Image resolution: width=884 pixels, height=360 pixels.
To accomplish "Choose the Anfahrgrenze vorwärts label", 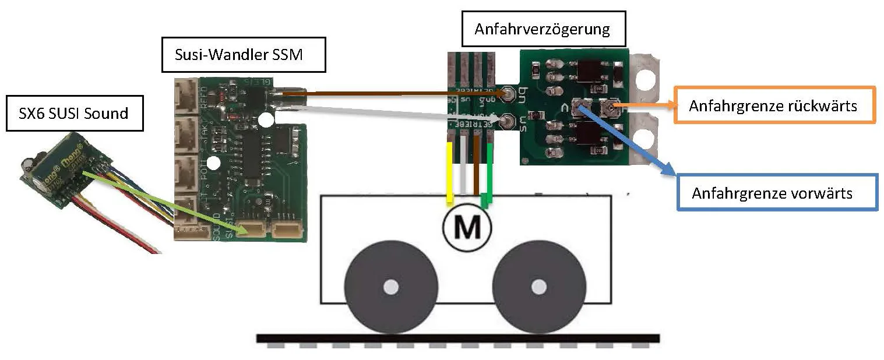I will pyautogui.click(x=777, y=193).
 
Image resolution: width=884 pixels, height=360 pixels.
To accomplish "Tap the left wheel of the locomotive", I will pyautogui.click(x=391, y=287).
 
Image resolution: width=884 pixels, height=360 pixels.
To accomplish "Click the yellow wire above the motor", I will pyautogui.click(x=450, y=172).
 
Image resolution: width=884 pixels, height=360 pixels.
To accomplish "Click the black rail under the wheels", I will pyautogui.click(x=457, y=338).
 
